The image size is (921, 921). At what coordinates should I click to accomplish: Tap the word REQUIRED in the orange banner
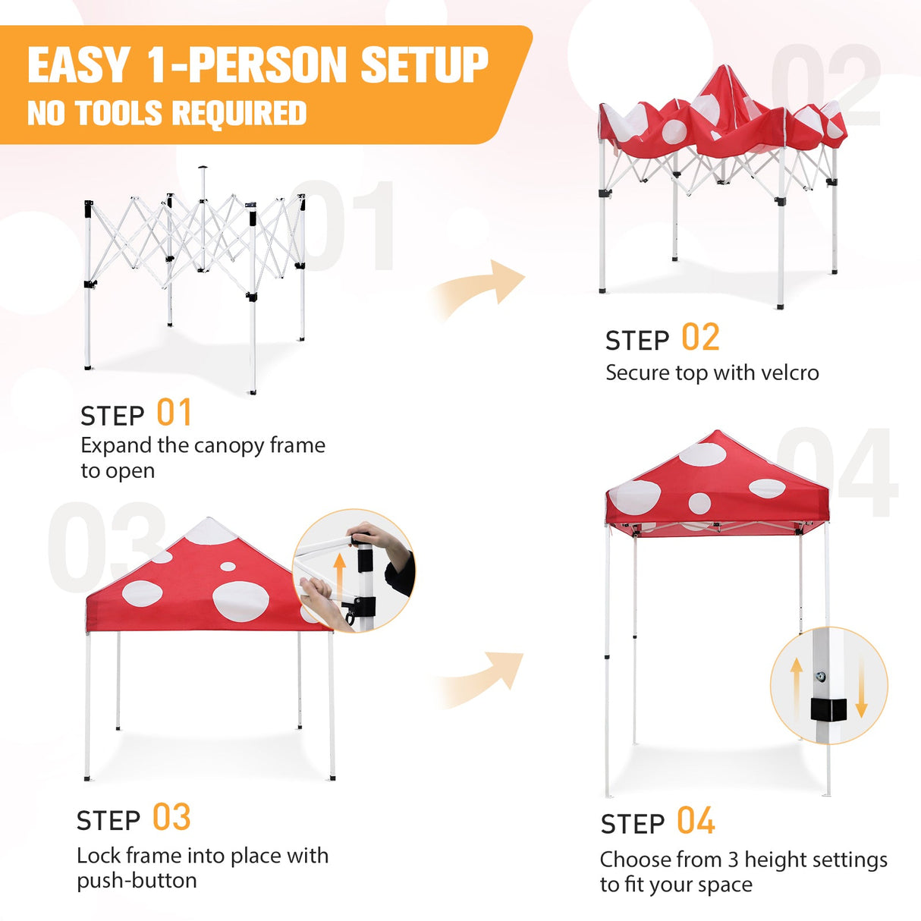pyautogui.click(x=239, y=114)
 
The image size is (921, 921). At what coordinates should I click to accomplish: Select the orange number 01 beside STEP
pyautogui.click(x=174, y=413)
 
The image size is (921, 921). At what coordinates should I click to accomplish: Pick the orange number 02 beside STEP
pyautogui.click(x=699, y=338)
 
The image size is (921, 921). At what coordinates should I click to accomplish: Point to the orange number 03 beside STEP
pyautogui.click(x=171, y=818)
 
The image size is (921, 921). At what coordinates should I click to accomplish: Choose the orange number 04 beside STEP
pyautogui.click(x=696, y=822)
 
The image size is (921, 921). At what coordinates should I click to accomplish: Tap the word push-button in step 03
pyautogui.click(x=137, y=881)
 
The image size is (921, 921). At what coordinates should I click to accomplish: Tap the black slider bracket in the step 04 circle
pyautogui.click(x=827, y=709)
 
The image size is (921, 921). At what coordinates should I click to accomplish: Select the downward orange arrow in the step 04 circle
pyautogui.click(x=861, y=687)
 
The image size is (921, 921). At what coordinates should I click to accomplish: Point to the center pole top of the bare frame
pyautogui.click(x=202, y=168)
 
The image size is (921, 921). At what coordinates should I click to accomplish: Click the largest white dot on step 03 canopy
pyautogui.click(x=240, y=601)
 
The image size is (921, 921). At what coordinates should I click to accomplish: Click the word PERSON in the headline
pyautogui.click(x=270, y=65)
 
